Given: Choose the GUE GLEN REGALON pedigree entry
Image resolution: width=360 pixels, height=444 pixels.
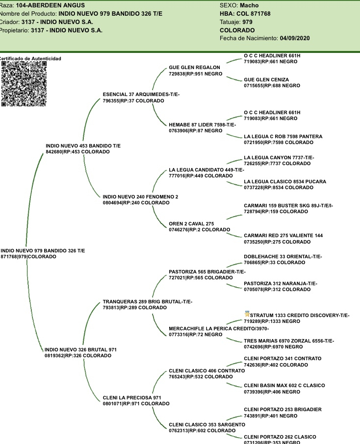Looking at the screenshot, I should (194, 67).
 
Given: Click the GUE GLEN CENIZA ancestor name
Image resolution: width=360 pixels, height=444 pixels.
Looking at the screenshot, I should (266, 79).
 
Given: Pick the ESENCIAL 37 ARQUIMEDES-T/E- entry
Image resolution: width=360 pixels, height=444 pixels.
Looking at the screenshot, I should (141, 94).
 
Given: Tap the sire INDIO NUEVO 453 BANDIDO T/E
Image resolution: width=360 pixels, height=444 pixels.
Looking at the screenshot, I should (83, 146).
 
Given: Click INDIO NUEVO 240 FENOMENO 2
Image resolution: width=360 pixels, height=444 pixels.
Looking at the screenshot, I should (140, 197).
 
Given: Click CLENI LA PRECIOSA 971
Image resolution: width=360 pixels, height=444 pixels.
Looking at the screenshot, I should (132, 397).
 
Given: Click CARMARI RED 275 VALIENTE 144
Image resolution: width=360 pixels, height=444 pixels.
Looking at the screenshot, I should (283, 236).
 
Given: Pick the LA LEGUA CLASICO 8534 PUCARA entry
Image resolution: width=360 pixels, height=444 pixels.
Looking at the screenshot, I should (284, 182).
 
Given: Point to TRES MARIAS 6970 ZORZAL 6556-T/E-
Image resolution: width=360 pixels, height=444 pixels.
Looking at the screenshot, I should (289, 341).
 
